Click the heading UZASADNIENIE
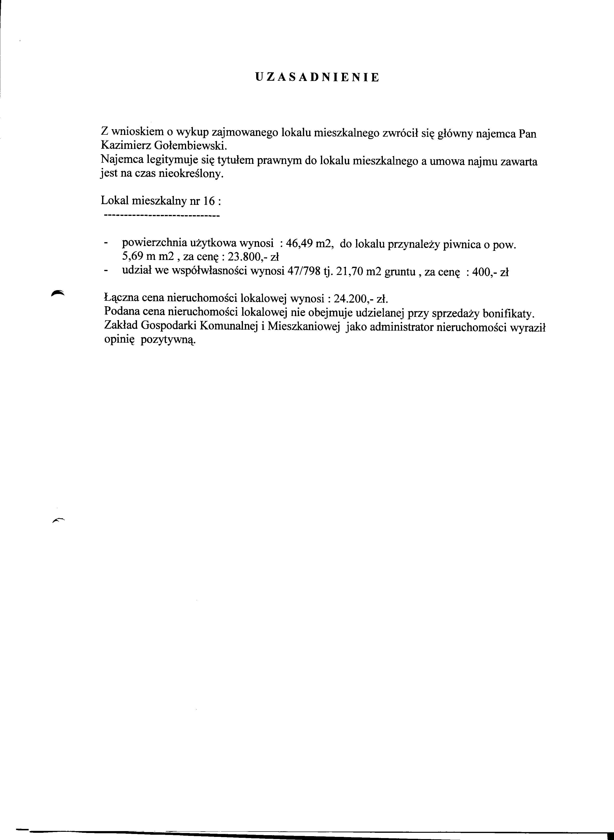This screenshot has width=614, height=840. (x=317, y=77)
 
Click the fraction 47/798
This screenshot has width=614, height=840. (x=304, y=272)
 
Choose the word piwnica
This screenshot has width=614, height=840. (x=462, y=244)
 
